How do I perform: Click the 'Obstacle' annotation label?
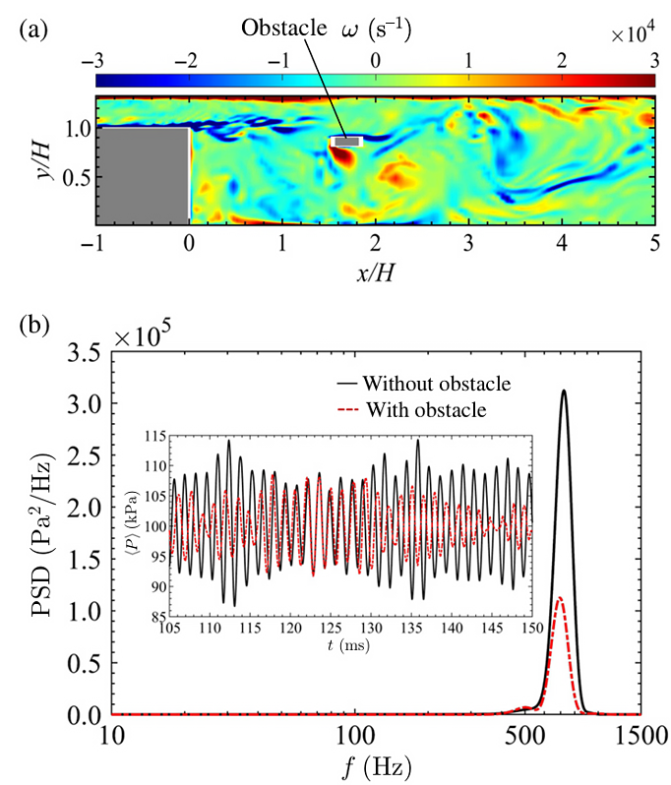click(283, 30)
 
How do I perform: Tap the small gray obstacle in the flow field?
click(346, 143)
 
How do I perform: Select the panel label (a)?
click(32, 30)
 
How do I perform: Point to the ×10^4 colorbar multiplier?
click(634, 35)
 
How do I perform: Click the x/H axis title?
click(375, 269)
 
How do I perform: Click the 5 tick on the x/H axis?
click(654, 242)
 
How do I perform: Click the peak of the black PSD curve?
click(564, 391)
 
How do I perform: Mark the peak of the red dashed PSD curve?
click(560, 597)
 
